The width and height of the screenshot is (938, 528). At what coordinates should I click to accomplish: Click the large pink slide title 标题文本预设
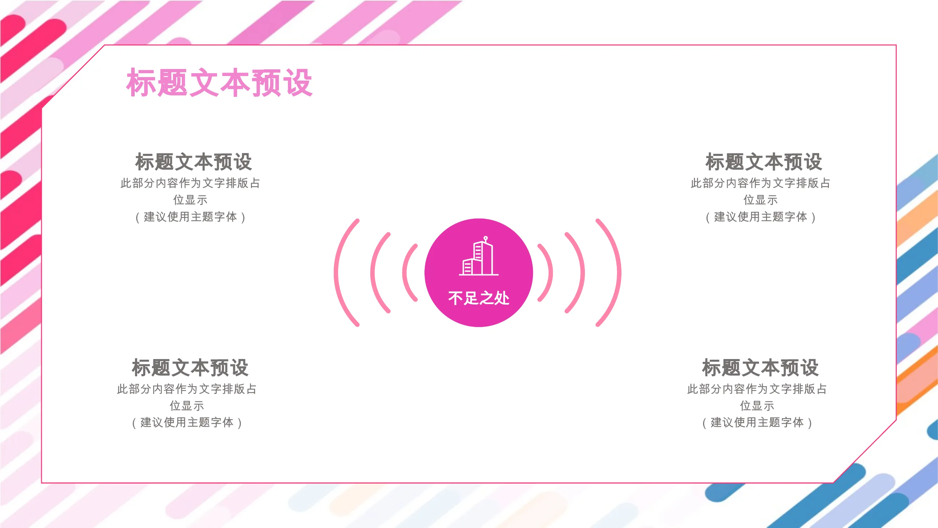219,83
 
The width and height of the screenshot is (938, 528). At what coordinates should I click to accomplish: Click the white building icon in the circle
478,256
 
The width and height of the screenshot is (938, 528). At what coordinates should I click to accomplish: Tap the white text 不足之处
478,298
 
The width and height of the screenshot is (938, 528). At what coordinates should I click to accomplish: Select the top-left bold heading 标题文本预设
193,162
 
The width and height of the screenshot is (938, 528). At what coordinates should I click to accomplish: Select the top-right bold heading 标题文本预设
764,162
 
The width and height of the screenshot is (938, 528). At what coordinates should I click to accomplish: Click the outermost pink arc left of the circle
336,272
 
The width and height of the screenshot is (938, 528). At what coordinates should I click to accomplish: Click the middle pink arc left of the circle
372,272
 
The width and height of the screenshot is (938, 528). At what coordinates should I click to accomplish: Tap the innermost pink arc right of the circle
551,272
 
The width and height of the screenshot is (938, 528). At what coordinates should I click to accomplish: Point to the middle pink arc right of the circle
583,272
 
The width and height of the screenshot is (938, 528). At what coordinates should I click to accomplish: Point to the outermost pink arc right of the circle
619,272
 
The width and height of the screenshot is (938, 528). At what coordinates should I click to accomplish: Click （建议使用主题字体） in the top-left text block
190,217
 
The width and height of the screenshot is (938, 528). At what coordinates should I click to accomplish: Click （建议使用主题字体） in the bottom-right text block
757,423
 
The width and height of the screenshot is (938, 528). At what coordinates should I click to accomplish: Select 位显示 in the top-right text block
760,200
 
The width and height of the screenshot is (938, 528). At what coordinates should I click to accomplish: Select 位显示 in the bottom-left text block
186,406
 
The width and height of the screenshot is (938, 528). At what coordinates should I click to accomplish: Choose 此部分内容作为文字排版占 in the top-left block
190,183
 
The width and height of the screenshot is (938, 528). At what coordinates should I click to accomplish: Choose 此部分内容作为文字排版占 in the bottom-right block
757,389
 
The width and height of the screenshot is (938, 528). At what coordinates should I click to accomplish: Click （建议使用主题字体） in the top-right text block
760,217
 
